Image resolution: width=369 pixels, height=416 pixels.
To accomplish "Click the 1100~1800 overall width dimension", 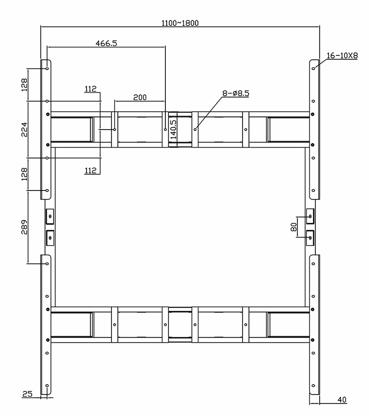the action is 180,23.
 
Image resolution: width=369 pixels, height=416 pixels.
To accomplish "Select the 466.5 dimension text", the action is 106,43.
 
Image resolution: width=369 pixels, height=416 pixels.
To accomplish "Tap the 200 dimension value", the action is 140,97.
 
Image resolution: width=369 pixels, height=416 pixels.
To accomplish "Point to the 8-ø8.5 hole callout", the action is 236,93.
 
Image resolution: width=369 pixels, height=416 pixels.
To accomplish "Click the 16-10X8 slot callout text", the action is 342,55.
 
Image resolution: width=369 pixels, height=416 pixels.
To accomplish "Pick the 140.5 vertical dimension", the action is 174,129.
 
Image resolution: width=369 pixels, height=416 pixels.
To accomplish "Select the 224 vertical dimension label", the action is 24,129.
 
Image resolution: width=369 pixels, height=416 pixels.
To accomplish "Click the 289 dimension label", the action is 24,227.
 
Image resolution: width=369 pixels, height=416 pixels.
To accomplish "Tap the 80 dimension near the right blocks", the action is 294,227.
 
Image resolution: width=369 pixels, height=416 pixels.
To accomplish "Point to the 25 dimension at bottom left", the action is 27,394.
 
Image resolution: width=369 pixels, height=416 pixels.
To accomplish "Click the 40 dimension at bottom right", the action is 342,400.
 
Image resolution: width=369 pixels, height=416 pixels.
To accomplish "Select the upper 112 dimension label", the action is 91,89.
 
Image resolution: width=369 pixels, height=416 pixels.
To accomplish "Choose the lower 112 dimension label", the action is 91,171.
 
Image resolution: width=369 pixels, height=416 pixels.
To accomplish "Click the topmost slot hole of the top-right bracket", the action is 313,68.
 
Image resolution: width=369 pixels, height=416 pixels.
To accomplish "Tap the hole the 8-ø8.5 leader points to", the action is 195,129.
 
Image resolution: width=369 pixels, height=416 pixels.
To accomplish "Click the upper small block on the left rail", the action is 50,216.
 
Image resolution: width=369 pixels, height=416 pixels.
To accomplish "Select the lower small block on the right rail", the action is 310,238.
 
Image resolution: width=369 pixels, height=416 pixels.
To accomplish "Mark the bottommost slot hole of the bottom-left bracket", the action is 47,386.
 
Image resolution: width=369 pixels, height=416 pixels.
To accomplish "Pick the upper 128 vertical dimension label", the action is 24,85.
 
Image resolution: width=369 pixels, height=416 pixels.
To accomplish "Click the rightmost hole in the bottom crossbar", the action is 246,325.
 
